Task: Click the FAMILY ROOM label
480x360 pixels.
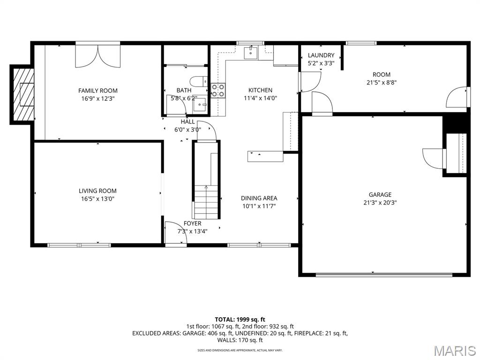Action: (98, 90)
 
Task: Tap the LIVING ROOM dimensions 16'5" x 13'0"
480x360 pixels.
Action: (97, 199)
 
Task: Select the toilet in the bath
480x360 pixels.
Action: (199, 82)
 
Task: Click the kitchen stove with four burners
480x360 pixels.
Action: (218, 90)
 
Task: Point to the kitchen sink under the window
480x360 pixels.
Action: (251, 52)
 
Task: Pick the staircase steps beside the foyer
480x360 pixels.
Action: (206, 202)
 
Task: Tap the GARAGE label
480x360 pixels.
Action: (380, 195)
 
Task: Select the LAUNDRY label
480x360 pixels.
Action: (321, 55)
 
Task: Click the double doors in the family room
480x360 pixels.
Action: (98, 56)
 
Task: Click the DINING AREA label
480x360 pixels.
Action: (259, 198)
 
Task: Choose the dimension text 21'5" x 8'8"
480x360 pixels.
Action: (382, 82)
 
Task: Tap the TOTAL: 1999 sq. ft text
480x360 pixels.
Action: (240, 320)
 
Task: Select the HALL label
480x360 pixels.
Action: (187, 122)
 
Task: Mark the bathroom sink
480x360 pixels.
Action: (200, 105)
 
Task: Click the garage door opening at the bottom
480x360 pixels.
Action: (384, 275)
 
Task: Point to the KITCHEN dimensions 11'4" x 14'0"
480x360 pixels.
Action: (260, 98)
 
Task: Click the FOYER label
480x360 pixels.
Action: (192, 224)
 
